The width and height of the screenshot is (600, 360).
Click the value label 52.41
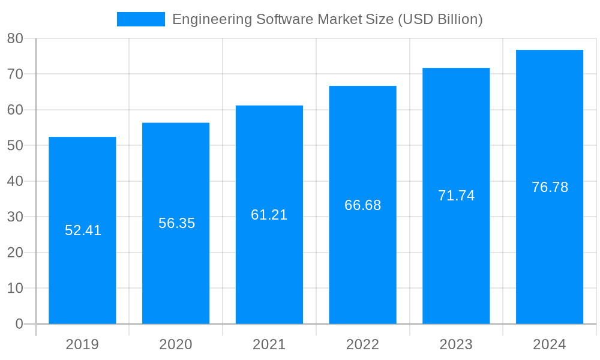point(83,230)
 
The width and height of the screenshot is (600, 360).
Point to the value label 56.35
point(176,223)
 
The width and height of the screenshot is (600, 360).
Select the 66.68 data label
point(362,205)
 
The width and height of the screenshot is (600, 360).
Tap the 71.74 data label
point(456,196)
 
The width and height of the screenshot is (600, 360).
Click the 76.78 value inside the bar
point(550,187)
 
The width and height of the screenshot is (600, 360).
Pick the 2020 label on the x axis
point(176,344)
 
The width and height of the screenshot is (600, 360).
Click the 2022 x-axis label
point(362,344)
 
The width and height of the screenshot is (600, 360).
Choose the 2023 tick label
point(456,344)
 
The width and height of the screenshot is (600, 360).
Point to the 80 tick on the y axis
point(15,38)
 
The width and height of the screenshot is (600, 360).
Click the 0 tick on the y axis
point(19,324)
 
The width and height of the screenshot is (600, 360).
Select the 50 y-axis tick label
point(15,146)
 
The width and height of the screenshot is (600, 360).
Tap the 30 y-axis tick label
point(15,217)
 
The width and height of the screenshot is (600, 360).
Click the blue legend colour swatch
point(140,19)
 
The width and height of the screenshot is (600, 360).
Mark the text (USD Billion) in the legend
point(440,19)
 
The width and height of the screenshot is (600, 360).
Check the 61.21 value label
point(269,215)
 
